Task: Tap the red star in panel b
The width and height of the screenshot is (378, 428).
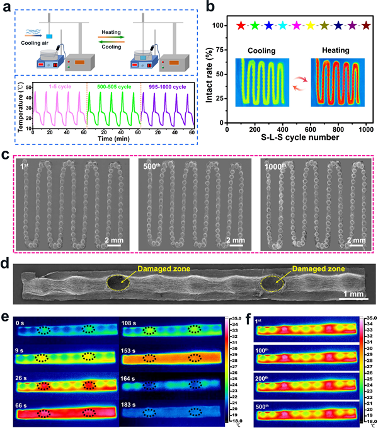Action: [240, 26]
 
